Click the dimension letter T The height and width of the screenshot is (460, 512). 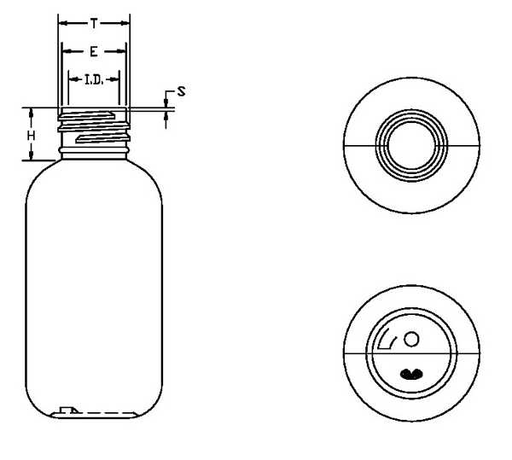[x=94, y=24]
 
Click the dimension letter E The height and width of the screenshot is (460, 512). [x=94, y=51]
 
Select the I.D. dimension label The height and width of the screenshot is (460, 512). [x=94, y=79]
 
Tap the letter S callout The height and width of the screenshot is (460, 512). [x=181, y=91]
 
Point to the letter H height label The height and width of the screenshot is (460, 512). [x=31, y=136]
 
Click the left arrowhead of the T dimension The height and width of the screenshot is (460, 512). [x=62, y=23]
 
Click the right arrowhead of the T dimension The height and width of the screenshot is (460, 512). [x=125, y=23]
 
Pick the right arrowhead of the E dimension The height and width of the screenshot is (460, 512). [x=121, y=51]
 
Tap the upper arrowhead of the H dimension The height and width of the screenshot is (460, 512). [x=32, y=113]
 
